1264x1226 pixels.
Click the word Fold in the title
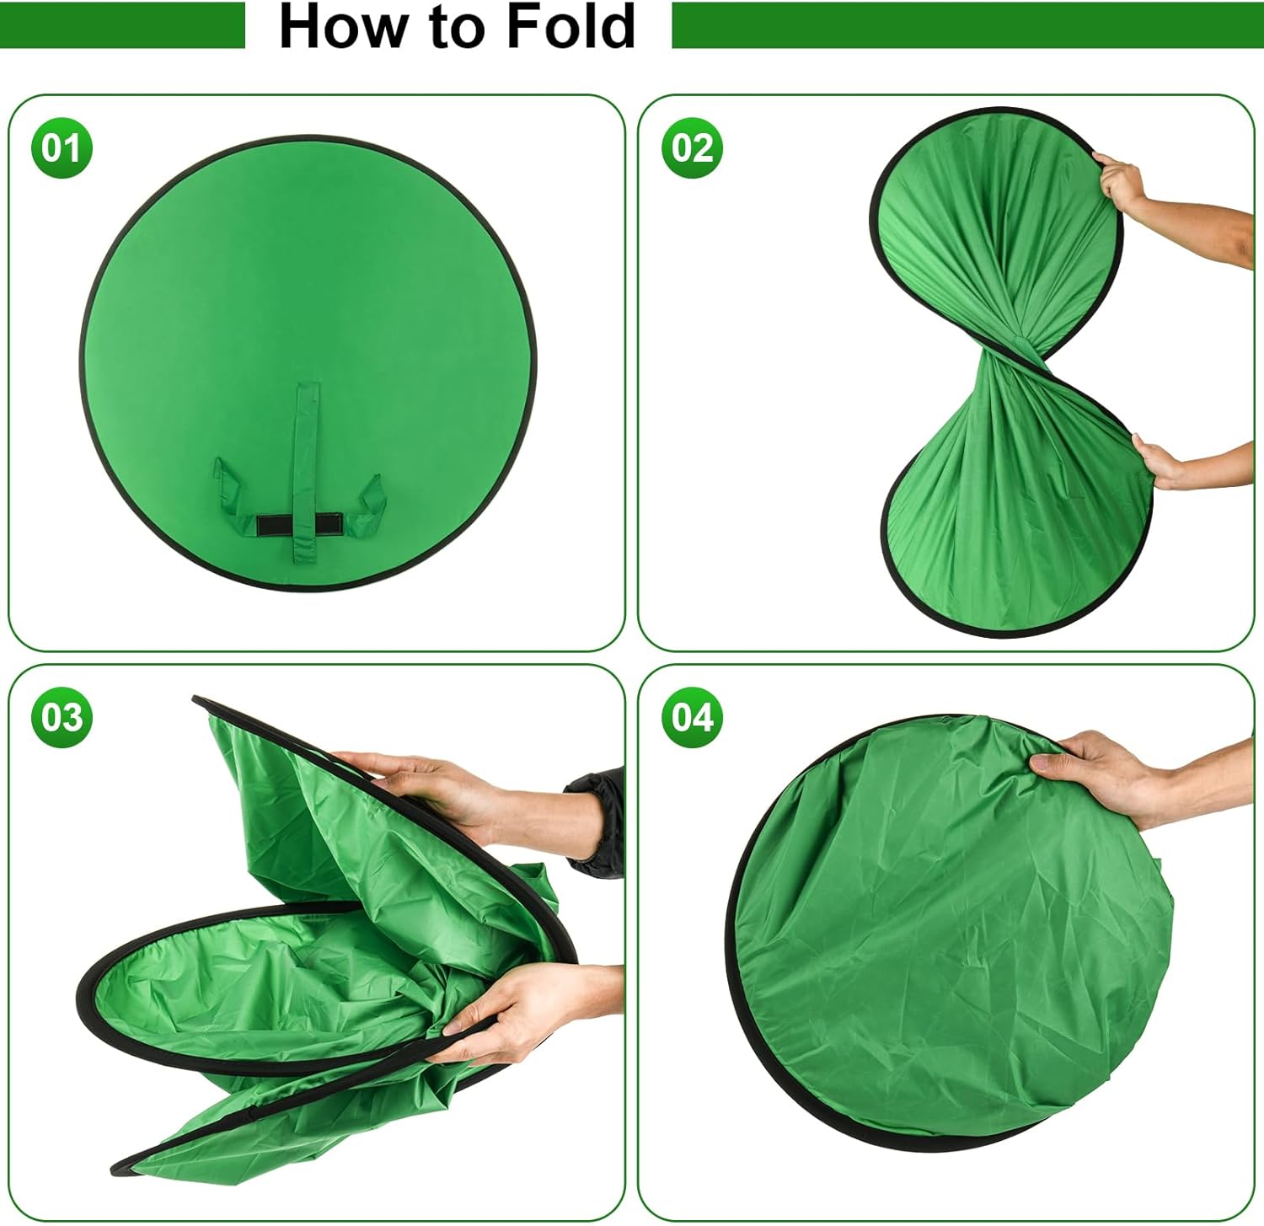[570, 26]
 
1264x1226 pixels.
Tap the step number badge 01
[61, 148]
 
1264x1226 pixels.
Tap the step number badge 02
[692, 148]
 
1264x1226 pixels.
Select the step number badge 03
[61, 718]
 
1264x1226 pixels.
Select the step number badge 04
[692, 718]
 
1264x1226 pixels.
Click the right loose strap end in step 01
[367, 499]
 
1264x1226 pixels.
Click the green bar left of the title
[122, 25]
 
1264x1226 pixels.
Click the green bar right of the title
[965, 25]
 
